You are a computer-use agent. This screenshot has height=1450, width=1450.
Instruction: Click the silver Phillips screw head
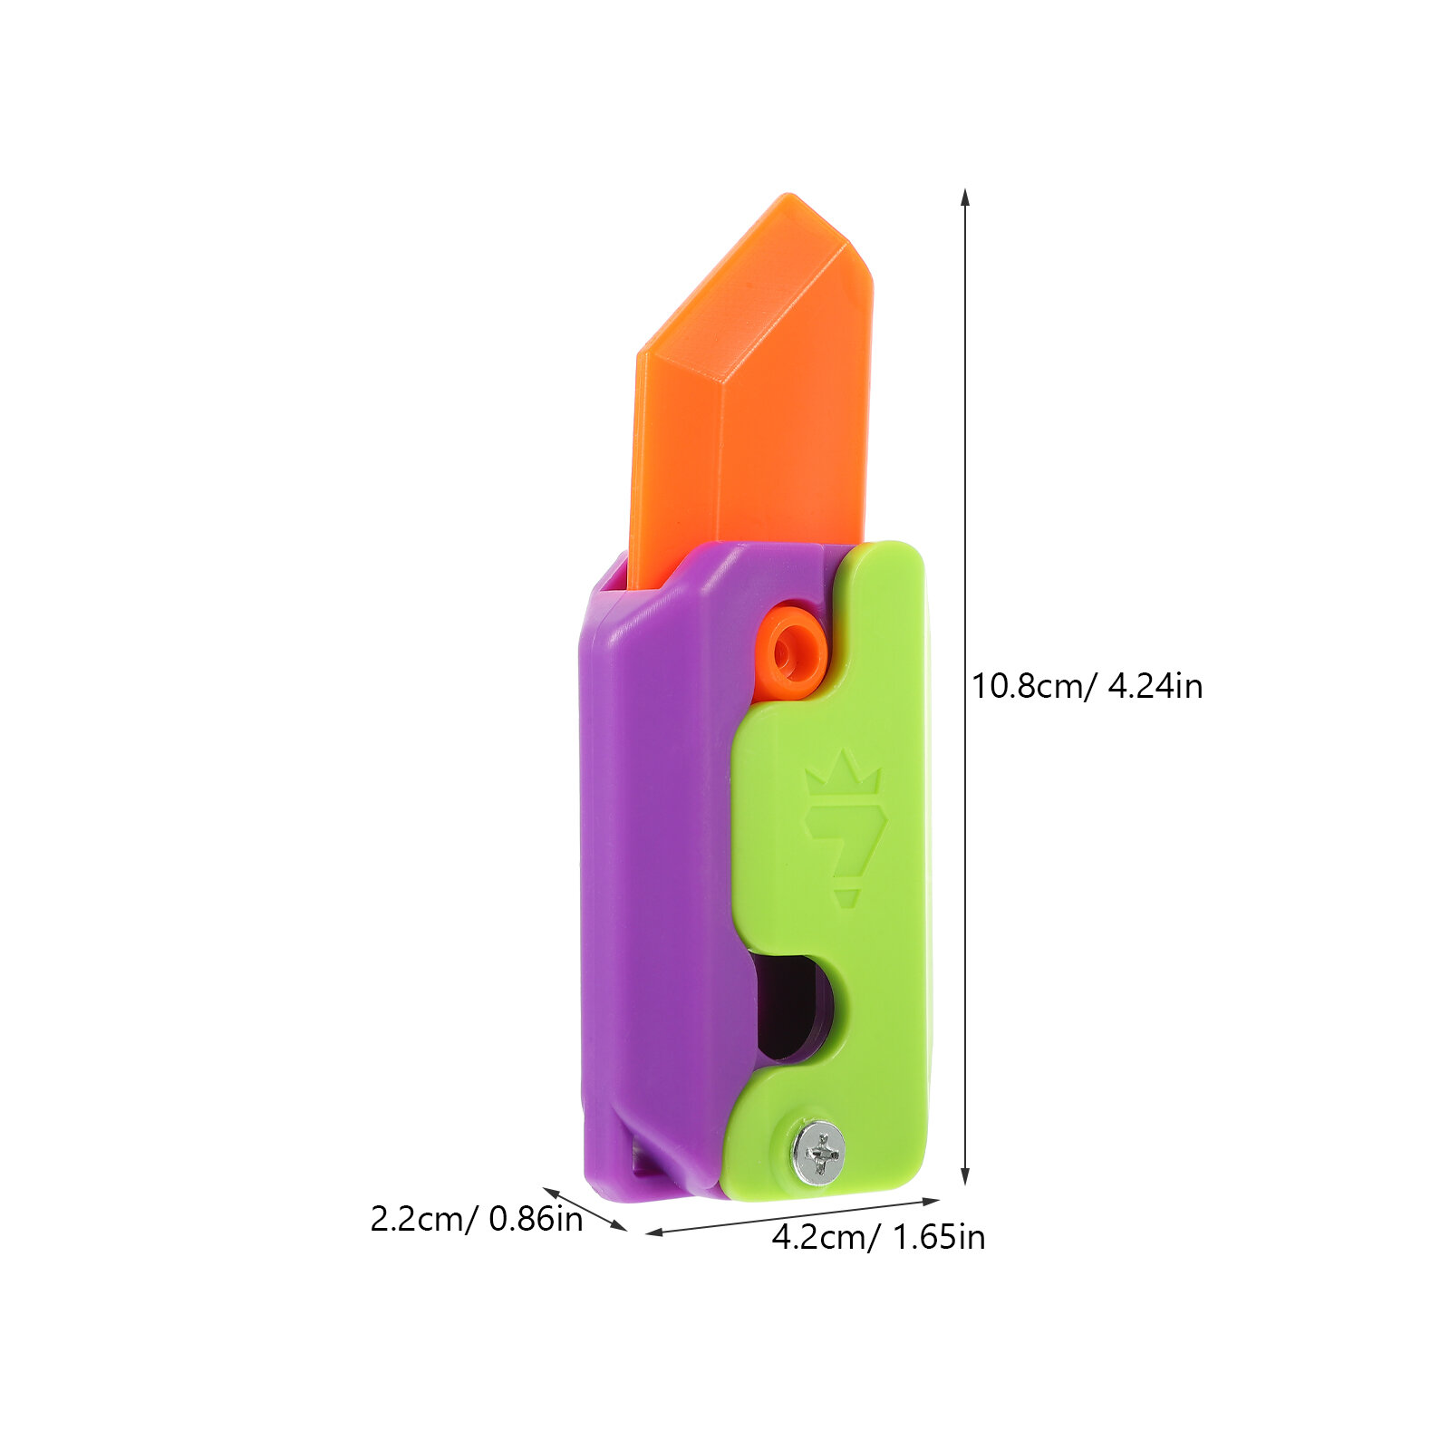[819, 1152]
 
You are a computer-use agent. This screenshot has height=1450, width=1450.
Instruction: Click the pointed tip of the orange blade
[790, 196]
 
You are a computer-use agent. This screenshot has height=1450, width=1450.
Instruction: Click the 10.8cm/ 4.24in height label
[1087, 686]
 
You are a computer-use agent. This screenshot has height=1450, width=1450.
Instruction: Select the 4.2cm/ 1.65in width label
[878, 1237]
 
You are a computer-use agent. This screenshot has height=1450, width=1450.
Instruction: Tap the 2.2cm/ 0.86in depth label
[477, 1219]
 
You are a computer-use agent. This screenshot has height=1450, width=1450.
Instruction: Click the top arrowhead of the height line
[965, 198]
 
